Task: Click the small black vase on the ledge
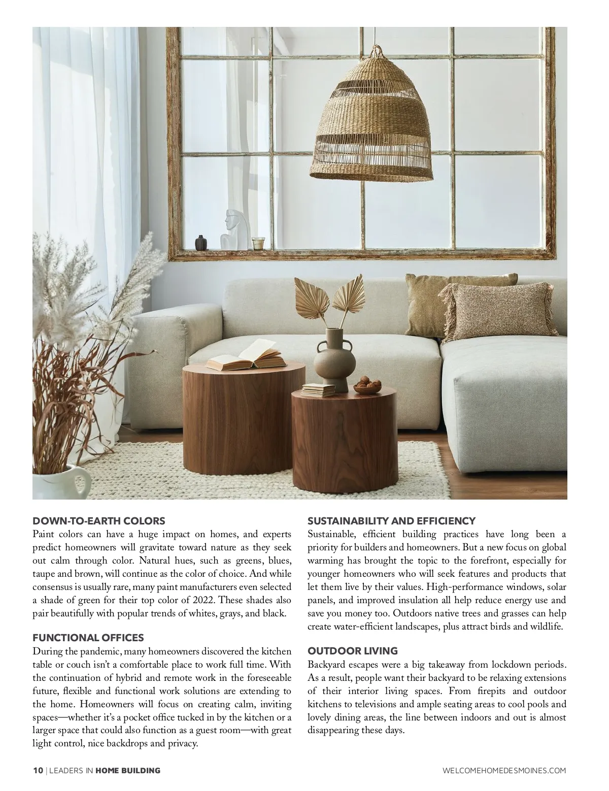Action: [x=200, y=242]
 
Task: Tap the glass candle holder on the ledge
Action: [x=259, y=243]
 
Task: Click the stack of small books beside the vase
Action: [x=318, y=390]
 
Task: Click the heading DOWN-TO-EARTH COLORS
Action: [x=98, y=521]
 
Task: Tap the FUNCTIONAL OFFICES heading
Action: [x=88, y=638]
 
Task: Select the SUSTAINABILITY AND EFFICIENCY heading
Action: [x=391, y=521]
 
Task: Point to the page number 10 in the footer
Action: [x=38, y=771]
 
